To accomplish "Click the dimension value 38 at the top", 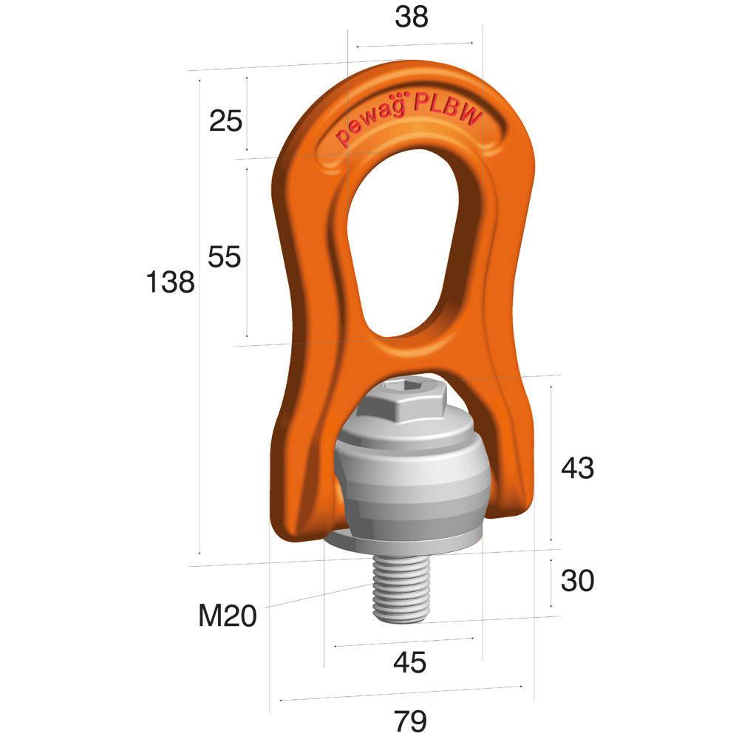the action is [412, 18].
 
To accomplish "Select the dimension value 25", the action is [225, 120].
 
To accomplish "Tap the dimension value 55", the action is [225, 257].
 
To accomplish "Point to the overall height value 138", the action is [170, 282].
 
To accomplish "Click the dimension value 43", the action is [577, 468].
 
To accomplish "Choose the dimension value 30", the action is [577, 580].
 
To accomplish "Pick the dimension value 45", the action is [410, 662].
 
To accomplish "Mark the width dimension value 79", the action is [410, 721].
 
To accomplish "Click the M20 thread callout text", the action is [228, 616].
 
